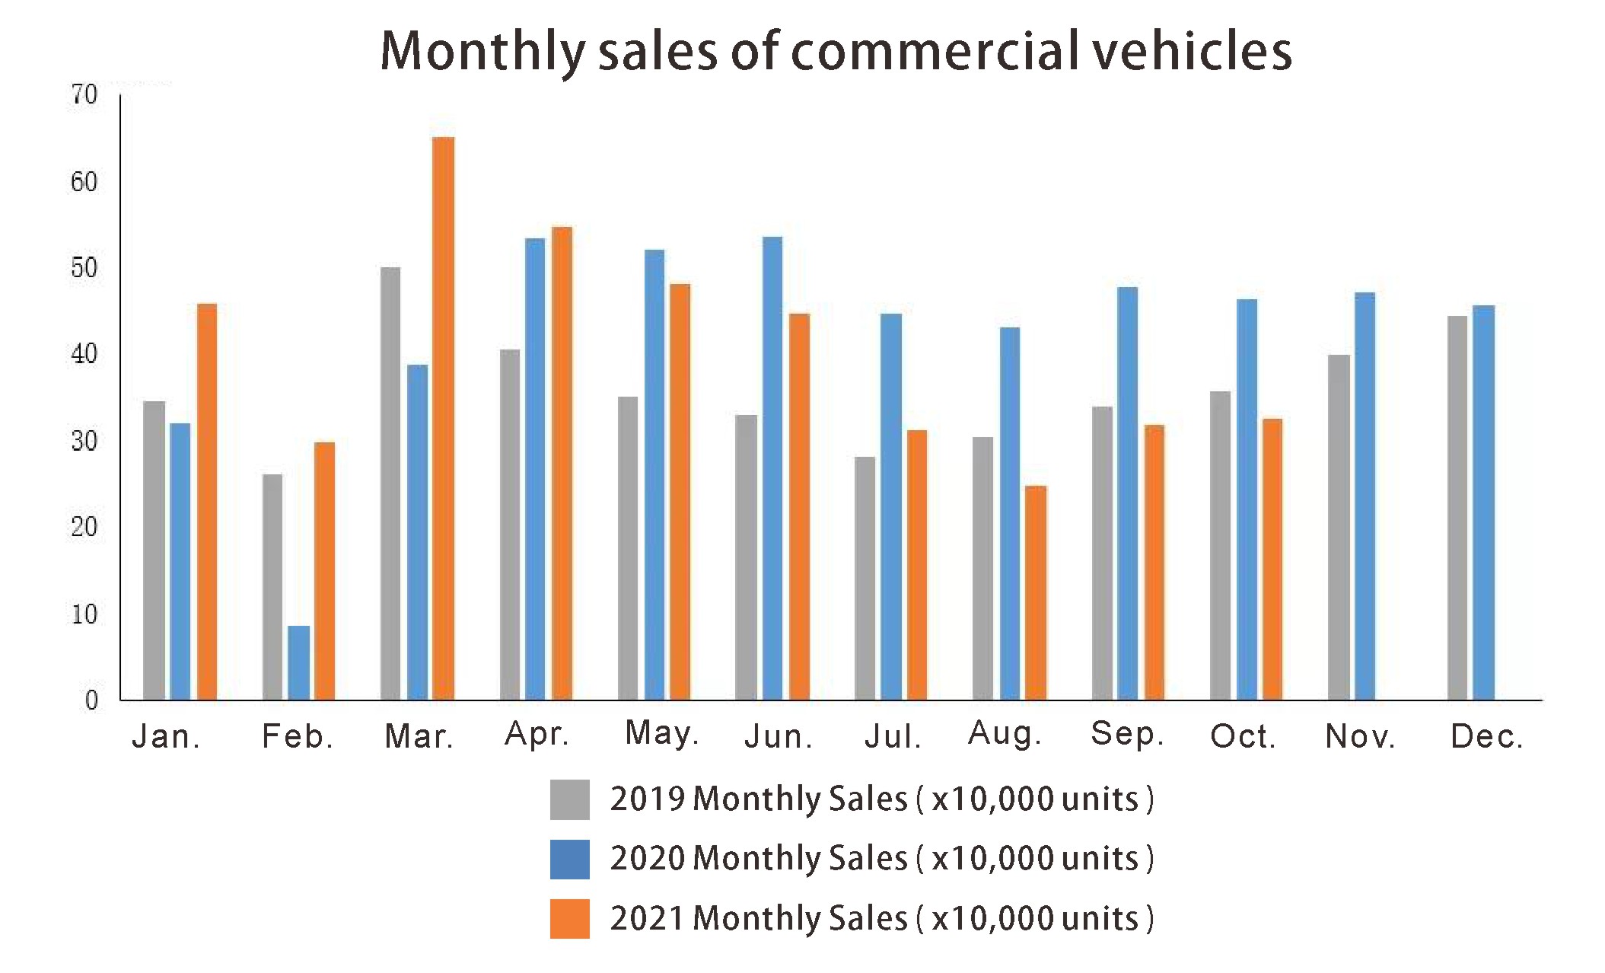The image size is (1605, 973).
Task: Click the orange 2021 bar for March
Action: pos(443,419)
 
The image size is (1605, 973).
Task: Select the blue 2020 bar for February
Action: pos(299,662)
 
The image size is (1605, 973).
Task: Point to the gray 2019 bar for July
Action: pos(865,578)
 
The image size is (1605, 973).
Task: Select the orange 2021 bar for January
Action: pos(207,502)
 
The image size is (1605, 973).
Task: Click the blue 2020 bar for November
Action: pos(1365,496)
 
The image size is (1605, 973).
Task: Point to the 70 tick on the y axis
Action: pos(84,95)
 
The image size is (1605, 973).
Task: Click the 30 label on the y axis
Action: pos(84,441)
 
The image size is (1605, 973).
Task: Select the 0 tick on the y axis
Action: pos(91,700)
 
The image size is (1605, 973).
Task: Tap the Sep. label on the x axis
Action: pos(1127,734)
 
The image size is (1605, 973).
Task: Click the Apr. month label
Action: pos(537,734)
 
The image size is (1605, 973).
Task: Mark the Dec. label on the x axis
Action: pos(1486,736)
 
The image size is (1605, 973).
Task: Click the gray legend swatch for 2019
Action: pos(569,799)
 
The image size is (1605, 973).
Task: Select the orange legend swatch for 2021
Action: pos(569,919)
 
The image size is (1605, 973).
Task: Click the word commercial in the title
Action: pos(932,51)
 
